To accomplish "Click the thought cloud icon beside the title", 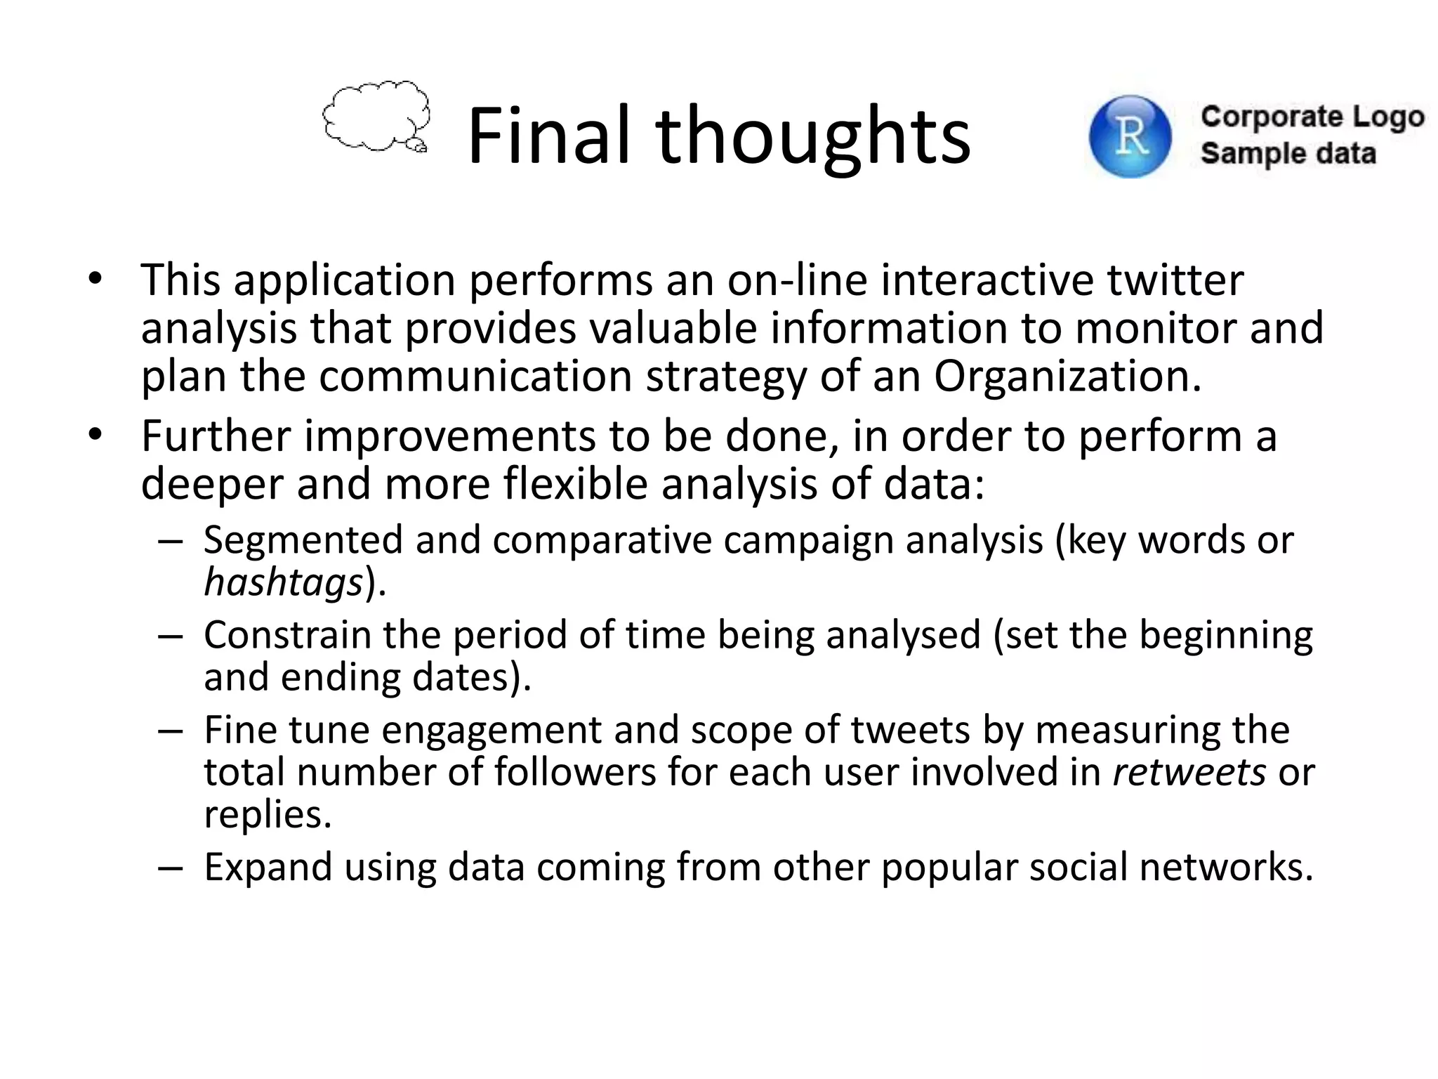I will point(376,117).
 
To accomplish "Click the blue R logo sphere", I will point(1130,136).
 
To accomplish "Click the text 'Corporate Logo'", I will point(1312,117).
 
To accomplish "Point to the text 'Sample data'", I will point(1288,153).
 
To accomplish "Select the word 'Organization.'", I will point(1067,376).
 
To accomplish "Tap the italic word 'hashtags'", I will point(283,582).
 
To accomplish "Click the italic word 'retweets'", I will point(1189,772).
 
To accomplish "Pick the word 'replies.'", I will point(268,815).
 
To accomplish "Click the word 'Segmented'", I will point(303,540).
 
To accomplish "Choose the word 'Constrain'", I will point(286,635).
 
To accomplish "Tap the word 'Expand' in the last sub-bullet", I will point(268,867).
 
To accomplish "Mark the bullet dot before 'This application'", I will point(95,280).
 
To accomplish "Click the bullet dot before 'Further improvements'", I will point(95,436).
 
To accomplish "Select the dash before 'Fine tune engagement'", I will point(171,731).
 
